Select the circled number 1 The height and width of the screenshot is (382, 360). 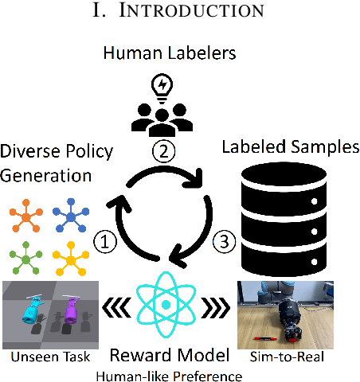click(x=104, y=238)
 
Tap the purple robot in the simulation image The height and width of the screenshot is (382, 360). click(x=69, y=310)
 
